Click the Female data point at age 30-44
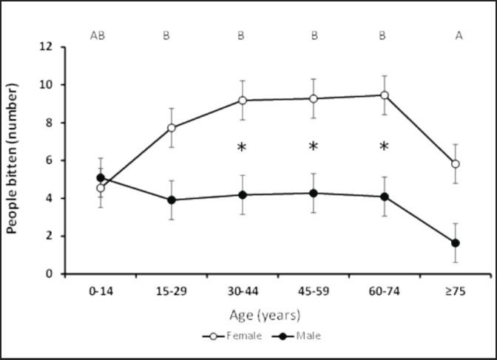[x=243, y=101]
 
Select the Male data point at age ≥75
[x=456, y=243]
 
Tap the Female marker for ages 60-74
[x=385, y=95]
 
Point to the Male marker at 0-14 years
[x=101, y=178]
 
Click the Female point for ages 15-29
[x=172, y=128]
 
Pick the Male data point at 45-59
[x=314, y=194]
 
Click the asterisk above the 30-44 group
[x=242, y=147]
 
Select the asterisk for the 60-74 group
[x=384, y=146]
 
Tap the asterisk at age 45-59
[x=313, y=146]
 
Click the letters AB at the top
[x=99, y=35]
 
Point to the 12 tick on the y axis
[x=47, y=47]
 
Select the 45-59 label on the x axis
[x=314, y=293]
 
